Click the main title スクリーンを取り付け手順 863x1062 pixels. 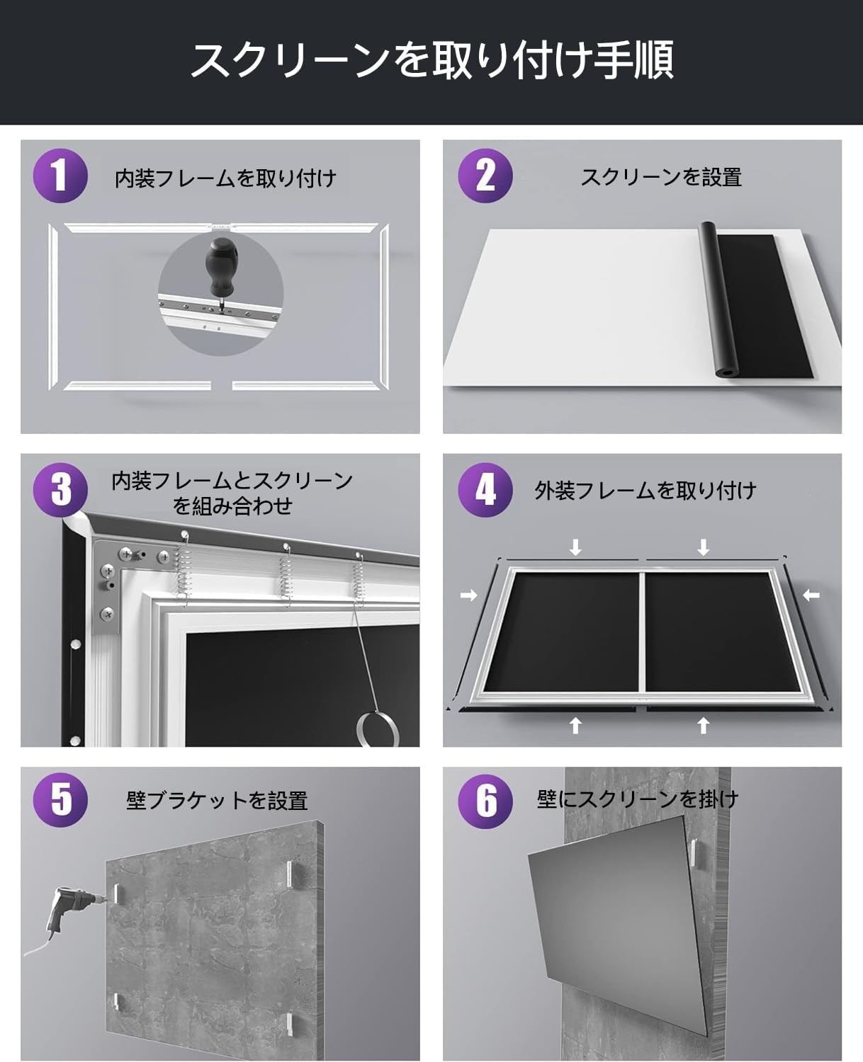click(x=431, y=61)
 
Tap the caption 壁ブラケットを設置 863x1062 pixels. click(x=217, y=801)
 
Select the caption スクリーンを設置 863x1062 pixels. click(x=661, y=177)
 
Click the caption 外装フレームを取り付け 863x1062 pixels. click(x=645, y=491)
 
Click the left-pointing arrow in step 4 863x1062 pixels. click(x=811, y=595)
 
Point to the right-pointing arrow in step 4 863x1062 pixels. click(x=469, y=595)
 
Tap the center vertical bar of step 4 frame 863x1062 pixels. click(x=642, y=630)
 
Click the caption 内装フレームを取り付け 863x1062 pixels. click(x=225, y=178)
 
